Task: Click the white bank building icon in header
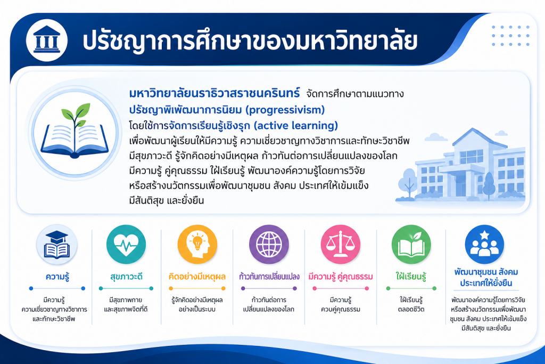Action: (x=47, y=39)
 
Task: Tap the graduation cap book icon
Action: (x=56, y=245)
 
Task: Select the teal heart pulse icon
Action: (x=126, y=244)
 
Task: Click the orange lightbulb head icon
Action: (x=197, y=244)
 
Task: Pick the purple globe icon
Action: (x=269, y=244)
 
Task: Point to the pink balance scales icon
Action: (x=341, y=244)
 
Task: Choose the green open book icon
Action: (x=411, y=244)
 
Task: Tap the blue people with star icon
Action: (x=484, y=244)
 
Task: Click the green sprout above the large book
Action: (x=75, y=115)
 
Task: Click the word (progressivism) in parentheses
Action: (x=285, y=110)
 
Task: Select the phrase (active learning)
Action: (x=296, y=125)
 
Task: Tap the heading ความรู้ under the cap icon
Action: (x=57, y=277)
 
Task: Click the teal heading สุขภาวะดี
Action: (x=126, y=277)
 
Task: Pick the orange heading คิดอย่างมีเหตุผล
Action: (x=197, y=277)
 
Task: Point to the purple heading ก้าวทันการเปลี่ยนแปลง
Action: (x=269, y=277)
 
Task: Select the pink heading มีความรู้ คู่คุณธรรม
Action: (x=341, y=277)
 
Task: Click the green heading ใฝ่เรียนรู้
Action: (x=411, y=277)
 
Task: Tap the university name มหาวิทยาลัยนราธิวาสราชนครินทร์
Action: (x=214, y=94)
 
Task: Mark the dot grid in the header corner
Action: (x=510, y=36)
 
